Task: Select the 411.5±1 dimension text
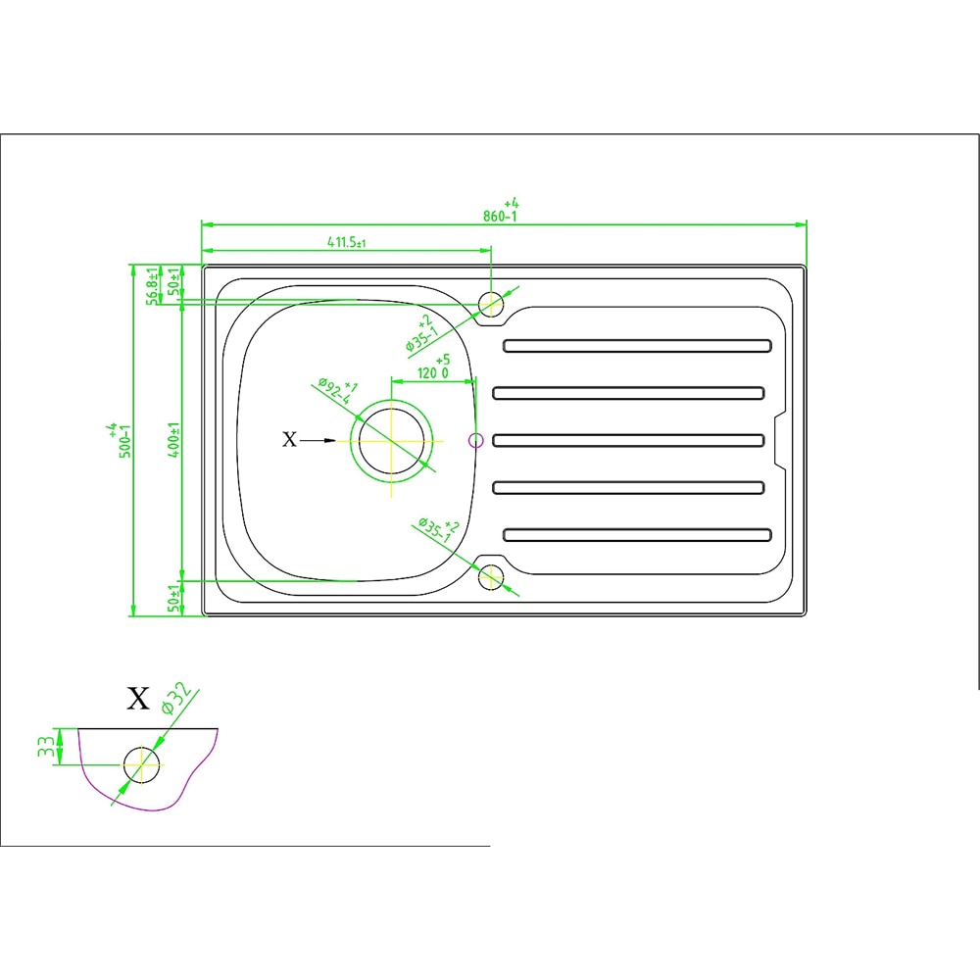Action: [x=340, y=242]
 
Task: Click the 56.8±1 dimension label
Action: [x=152, y=285]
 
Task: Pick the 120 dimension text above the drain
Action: [x=432, y=372]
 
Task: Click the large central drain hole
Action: [x=392, y=441]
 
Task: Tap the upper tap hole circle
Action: [x=491, y=303]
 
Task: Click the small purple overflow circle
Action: [x=476, y=441]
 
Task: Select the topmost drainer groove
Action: [x=638, y=345]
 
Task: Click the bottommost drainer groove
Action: [x=638, y=535]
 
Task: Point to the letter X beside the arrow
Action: [x=288, y=441]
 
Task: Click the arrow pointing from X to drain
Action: [x=319, y=441]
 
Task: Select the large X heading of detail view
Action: [x=138, y=699]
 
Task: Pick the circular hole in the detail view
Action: [x=141, y=764]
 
